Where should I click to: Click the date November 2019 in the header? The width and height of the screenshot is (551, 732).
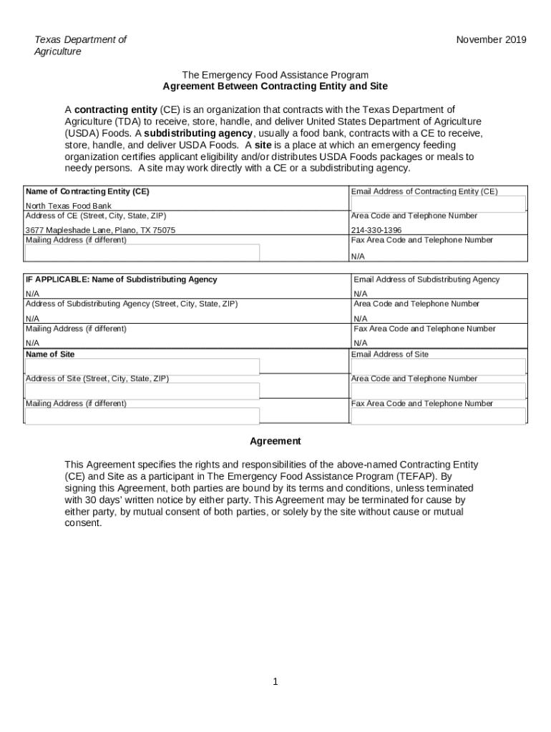pos(491,40)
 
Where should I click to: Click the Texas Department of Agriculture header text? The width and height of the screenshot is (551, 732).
pos(80,46)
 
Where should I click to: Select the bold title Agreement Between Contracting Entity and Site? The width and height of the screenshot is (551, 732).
pos(275,86)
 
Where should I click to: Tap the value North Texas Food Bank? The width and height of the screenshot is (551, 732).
pos(69,206)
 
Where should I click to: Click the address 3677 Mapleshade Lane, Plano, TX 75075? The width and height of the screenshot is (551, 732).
pos(100,230)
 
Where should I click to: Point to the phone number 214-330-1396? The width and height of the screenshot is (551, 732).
pos(376,230)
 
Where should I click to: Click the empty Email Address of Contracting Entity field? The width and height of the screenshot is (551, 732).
pos(438,204)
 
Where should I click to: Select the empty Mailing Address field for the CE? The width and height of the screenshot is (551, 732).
pos(142,253)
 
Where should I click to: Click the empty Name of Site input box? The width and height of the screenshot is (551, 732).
pos(142,367)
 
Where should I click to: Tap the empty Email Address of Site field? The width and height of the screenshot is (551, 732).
pos(438,367)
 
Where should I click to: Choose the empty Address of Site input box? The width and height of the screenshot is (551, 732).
pos(142,391)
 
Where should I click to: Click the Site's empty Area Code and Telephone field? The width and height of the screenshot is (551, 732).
pos(438,391)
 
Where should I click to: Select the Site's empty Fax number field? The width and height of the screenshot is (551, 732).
pos(438,415)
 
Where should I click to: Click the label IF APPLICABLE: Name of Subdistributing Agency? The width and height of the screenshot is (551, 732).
pos(122,280)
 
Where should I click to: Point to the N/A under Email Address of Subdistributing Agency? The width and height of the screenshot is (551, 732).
pos(360,294)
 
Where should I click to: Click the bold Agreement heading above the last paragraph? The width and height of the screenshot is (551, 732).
pos(275,441)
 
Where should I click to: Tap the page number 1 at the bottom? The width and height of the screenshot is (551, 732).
pos(275,682)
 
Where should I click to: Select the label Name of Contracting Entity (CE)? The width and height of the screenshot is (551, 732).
pos(87,192)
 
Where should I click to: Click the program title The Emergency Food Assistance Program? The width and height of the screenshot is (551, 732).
pos(275,75)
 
